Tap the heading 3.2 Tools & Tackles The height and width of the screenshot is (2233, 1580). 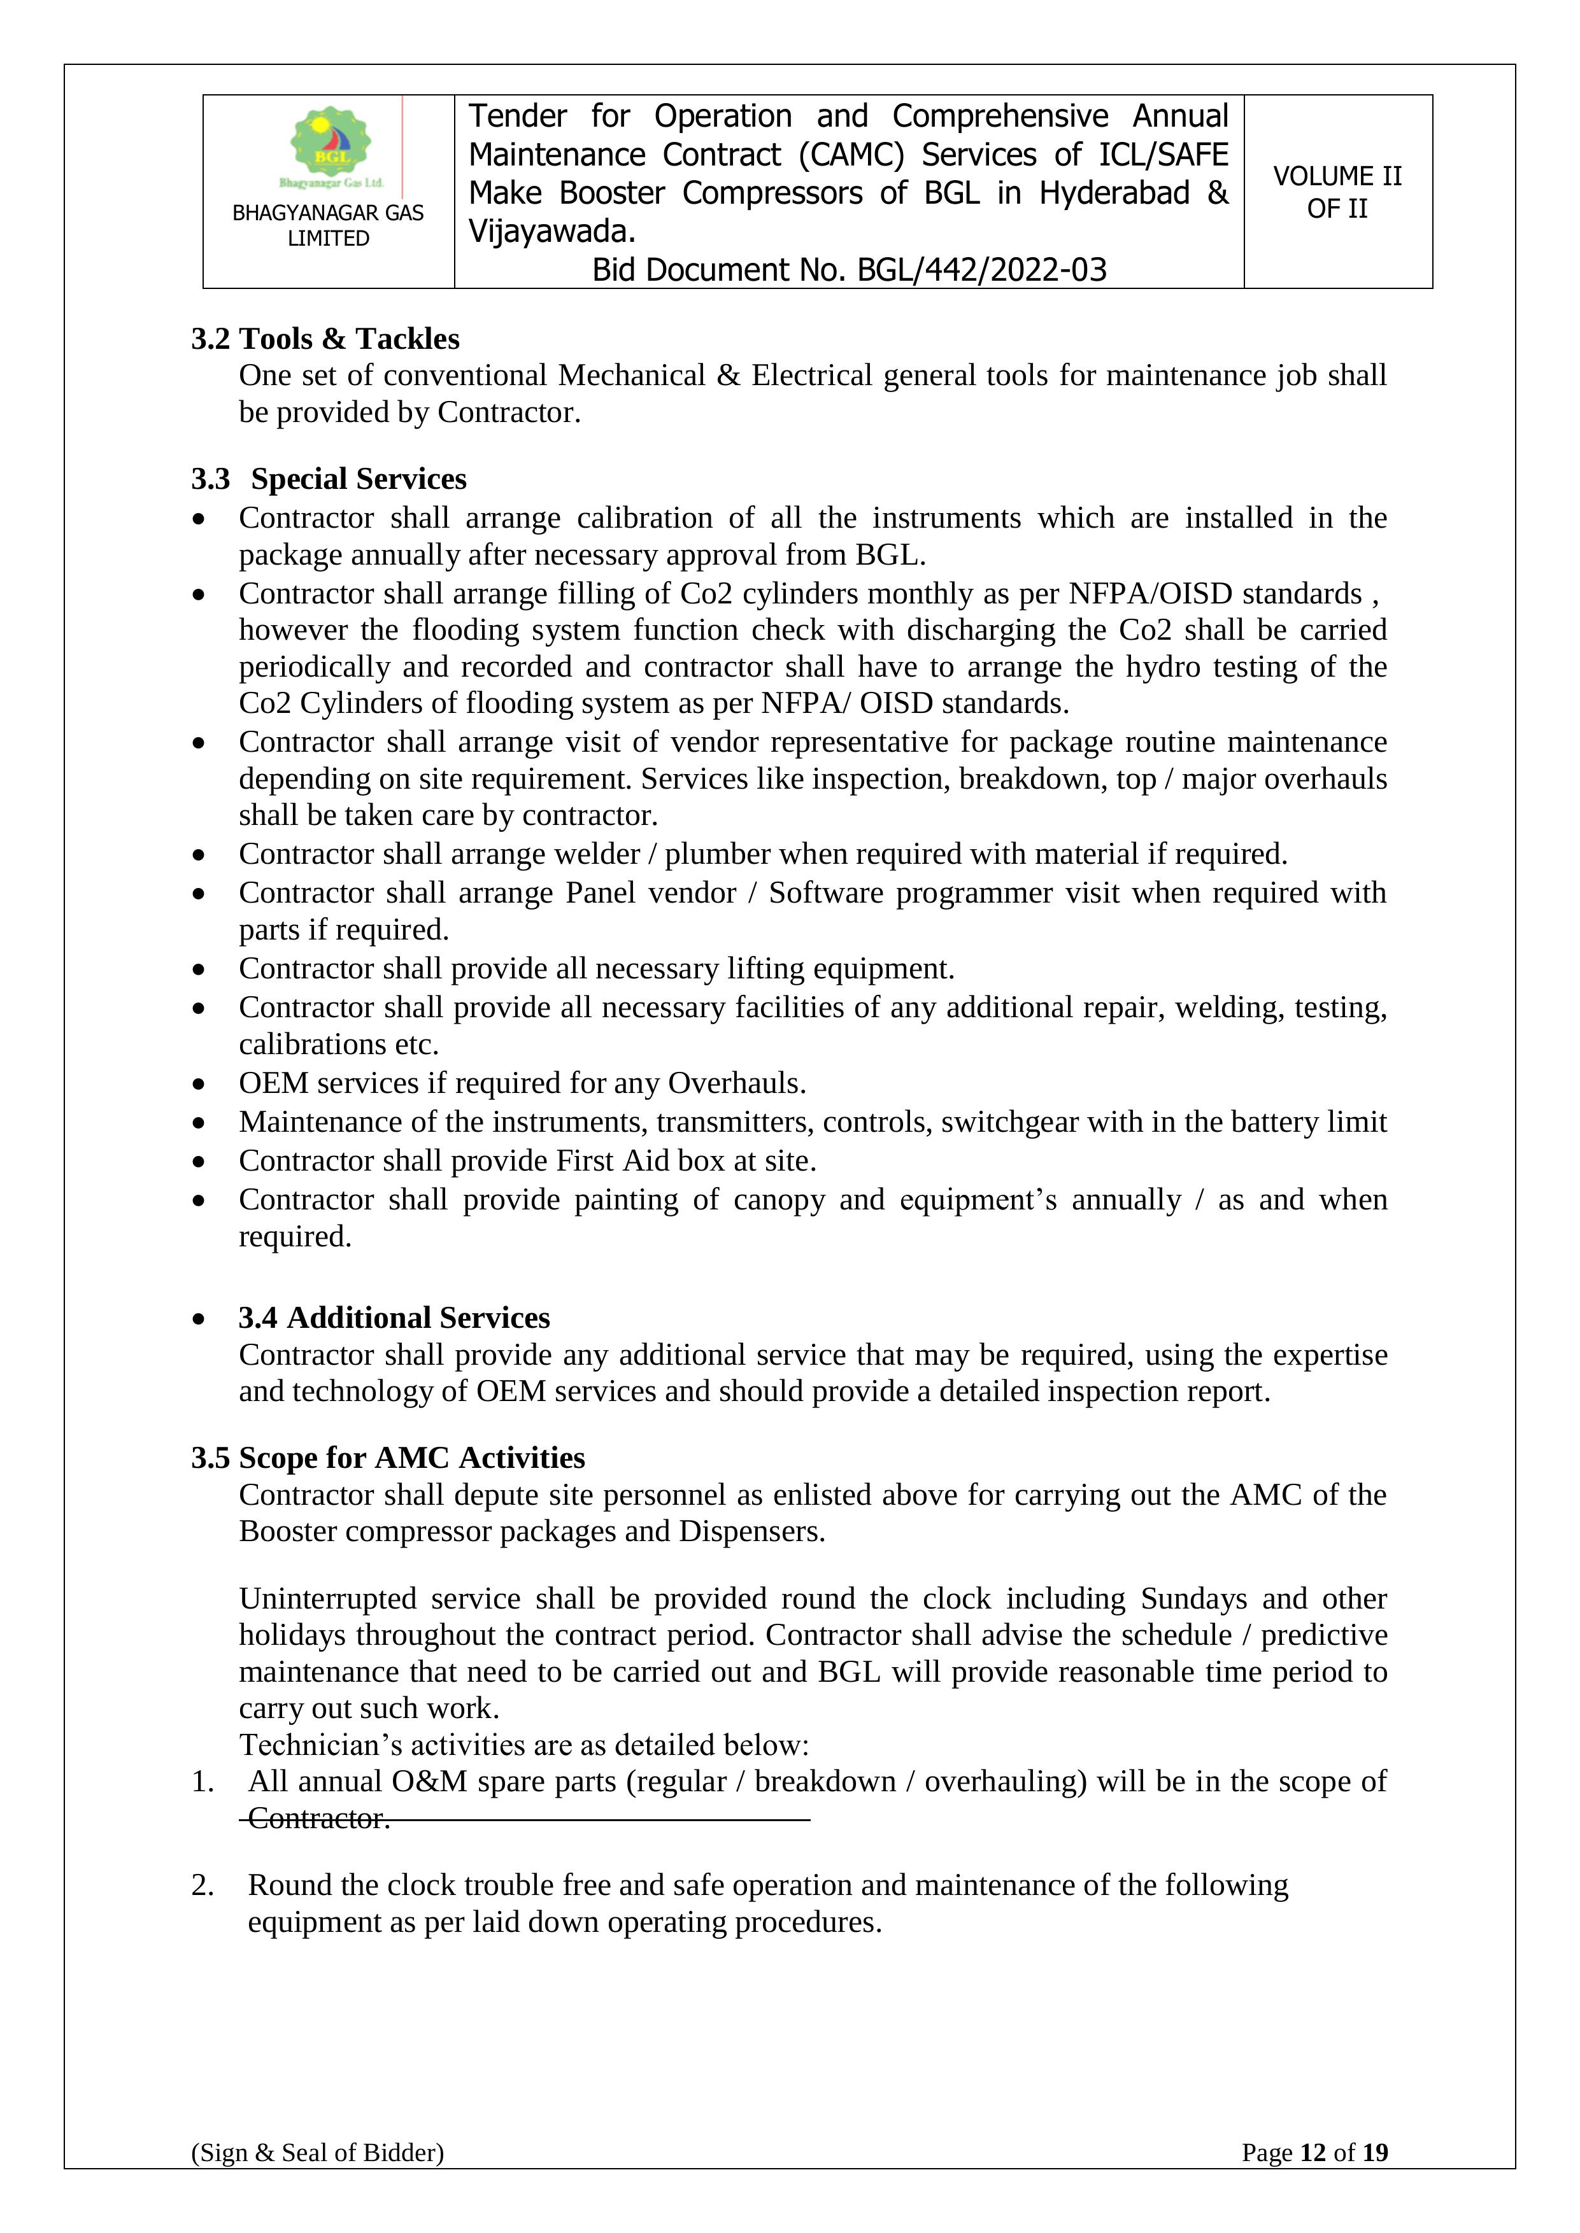[325, 339]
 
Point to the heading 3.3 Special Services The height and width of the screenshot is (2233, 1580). [329, 479]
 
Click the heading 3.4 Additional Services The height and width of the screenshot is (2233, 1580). [394, 1317]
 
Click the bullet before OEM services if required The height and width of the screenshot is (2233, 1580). [199, 1085]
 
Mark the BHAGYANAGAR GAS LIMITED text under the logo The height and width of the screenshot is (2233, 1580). [328, 225]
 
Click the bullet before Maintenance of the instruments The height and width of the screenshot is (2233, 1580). [199, 1124]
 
